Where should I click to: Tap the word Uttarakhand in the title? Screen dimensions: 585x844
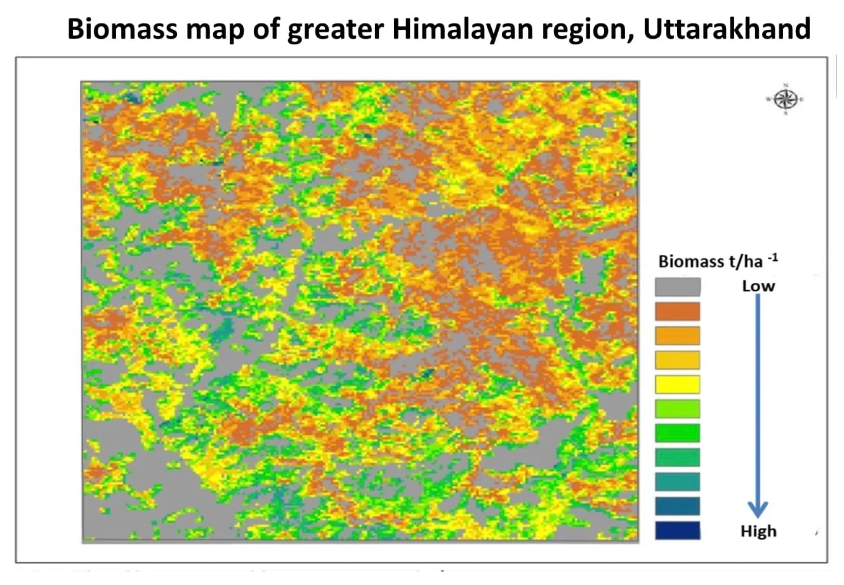pyautogui.click(x=727, y=29)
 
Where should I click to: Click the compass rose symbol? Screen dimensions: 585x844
pyautogui.click(x=786, y=99)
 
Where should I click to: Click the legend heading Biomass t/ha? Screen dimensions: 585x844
pyautogui.click(x=711, y=261)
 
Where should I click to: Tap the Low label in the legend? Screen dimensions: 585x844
pyautogui.click(x=758, y=286)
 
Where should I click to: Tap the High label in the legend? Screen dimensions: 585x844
pyautogui.click(x=758, y=531)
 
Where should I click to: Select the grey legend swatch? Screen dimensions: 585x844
pyautogui.click(x=678, y=287)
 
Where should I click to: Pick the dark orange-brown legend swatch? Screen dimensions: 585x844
pyautogui.click(x=678, y=311)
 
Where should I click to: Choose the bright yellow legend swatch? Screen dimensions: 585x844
pyautogui.click(x=678, y=385)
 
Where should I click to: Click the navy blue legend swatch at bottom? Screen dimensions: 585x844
pyautogui.click(x=678, y=530)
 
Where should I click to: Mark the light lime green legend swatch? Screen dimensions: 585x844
pyautogui.click(x=678, y=409)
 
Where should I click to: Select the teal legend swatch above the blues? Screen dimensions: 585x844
pyautogui.click(x=678, y=482)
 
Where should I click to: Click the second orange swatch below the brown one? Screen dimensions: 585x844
pyautogui.click(x=678, y=336)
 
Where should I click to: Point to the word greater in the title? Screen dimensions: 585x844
pyautogui.click(x=335, y=29)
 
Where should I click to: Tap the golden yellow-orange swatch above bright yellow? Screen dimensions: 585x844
pyautogui.click(x=678, y=360)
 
